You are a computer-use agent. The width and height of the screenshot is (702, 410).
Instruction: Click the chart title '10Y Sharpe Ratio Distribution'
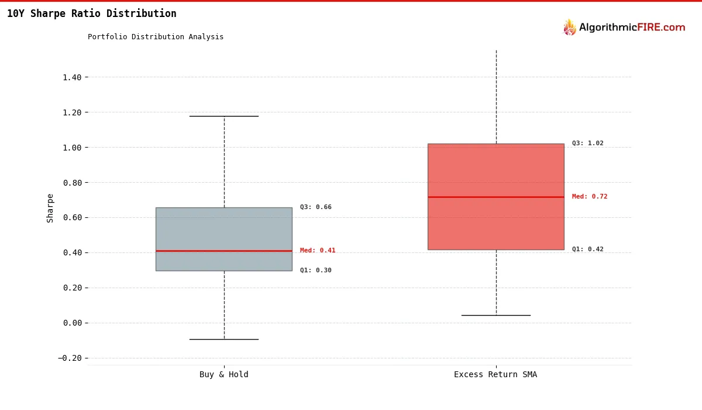tap(91, 13)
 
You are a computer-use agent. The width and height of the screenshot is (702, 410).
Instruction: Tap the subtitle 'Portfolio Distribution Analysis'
tap(156, 37)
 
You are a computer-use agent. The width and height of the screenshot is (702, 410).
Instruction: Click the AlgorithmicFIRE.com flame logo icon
tap(569, 28)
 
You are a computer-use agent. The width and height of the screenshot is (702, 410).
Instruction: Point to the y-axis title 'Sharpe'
tap(50, 208)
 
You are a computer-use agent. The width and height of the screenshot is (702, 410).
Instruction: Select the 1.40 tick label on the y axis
tap(75, 77)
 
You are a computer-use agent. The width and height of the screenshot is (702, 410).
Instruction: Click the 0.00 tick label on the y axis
tap(75, 323)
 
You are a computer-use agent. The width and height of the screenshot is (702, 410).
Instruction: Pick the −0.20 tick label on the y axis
tap(73, 358)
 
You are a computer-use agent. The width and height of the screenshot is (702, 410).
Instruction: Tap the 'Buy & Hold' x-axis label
tap(223, 375)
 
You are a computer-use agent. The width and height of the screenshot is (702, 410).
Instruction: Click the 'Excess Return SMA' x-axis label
tap(495, 375)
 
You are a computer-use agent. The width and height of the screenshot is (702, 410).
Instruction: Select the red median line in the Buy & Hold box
tap(223, 251)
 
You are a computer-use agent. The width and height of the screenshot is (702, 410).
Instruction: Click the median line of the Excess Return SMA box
tap(495, 197)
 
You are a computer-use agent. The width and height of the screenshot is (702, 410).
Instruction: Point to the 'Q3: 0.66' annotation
tap(316, 207)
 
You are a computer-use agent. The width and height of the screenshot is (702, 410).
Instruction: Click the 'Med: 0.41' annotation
tap(318, 251)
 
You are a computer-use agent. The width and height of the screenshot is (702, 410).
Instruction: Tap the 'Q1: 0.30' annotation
tap(316, 271)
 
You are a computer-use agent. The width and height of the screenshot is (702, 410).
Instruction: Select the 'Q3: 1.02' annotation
tap(588, 143)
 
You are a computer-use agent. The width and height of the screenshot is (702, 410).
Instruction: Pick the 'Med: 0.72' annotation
tap(590, 197)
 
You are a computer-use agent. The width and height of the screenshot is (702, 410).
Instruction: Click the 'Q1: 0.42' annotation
tap(588, 250)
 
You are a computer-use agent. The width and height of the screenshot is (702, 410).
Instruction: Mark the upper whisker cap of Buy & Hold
tap(223, 116)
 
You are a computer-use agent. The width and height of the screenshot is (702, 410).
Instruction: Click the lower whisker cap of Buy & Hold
tap(223, 339)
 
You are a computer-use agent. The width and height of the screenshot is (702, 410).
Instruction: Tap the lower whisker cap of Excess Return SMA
tap(495, 315)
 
